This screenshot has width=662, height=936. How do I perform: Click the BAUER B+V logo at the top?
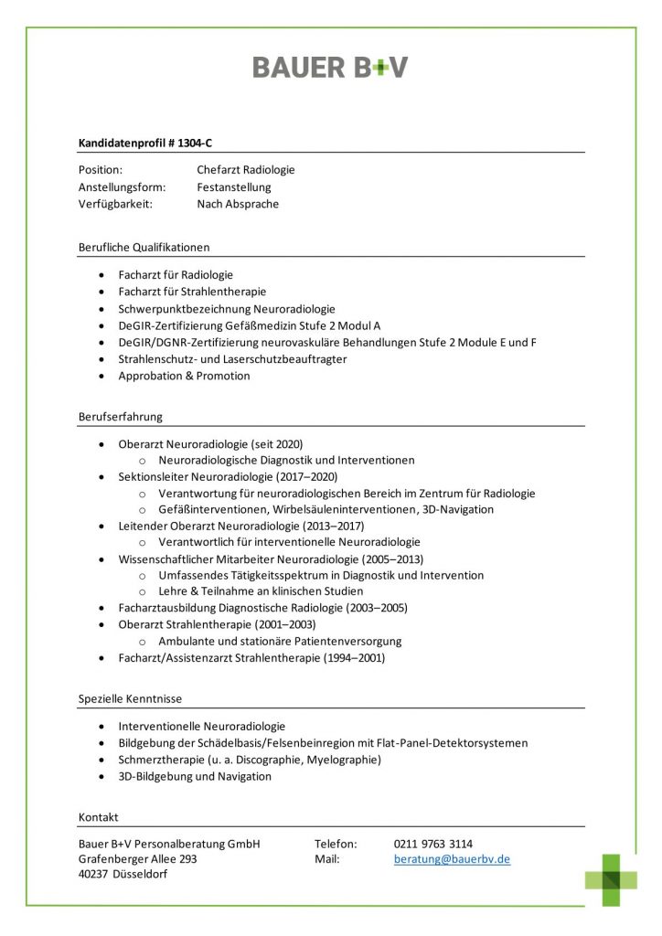click(x=330, y=67)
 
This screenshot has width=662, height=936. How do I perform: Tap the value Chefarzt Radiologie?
click(x=246, y=170)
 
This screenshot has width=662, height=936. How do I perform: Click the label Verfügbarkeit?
click(x=115, y=204)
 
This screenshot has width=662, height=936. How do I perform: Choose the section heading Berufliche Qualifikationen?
click(x=144, y=247)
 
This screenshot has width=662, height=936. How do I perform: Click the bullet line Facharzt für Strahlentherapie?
click(x=192, y=292)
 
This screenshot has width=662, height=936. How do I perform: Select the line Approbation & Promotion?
click(x=184, y=376)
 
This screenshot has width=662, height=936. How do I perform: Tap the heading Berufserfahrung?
click(x=121, y=417)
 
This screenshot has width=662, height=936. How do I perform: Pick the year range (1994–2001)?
click(x=354, y=658)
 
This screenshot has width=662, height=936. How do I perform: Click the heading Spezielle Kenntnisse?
click(x=130, y=699)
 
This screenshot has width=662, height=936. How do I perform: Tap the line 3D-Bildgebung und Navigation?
click(x=195, y=777)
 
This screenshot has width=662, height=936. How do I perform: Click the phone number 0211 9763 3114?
click(x=433, y=844)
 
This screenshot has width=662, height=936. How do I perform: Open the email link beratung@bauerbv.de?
click(x=452, y=860)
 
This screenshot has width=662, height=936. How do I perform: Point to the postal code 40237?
click(x=95, y=876)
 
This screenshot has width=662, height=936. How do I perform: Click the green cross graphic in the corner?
click(x=612, y=879)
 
